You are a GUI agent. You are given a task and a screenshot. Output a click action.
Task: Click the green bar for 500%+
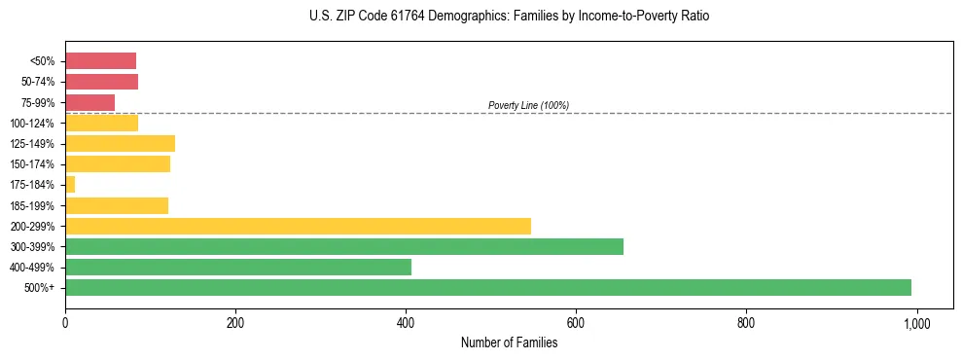pos(487,287)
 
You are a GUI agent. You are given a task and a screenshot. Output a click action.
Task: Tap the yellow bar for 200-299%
pos(298,226)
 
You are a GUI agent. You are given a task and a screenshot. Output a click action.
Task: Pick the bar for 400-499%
pos(237,267)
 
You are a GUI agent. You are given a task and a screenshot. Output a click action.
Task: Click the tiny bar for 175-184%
pos(70,184)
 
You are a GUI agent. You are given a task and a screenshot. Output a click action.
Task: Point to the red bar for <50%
pos(100,60)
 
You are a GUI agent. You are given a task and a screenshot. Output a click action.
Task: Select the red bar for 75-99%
pos(89,102)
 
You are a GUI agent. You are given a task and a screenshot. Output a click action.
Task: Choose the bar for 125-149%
pos(120,143)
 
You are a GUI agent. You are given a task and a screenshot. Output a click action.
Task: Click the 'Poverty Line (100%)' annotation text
pos(528,105)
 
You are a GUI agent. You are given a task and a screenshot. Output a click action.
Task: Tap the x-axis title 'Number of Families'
pos(509,342)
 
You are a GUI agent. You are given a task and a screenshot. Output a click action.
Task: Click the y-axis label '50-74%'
pos(38,82)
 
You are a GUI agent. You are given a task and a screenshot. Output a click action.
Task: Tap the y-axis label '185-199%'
pos(33,205)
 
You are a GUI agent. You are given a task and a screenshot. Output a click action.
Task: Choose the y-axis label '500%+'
pos(40,288)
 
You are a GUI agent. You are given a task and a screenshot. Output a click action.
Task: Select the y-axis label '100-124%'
pos(33,123)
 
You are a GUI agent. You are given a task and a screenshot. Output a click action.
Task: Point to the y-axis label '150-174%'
pos(33,164)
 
